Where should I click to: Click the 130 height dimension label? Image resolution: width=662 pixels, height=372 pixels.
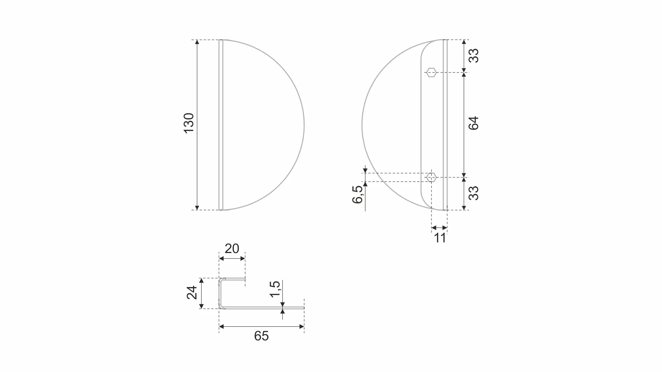pos(189,123)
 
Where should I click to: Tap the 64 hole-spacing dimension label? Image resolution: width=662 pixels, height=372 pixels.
pos(474,123)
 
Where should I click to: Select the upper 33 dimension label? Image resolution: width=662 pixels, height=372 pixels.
pos(474,56)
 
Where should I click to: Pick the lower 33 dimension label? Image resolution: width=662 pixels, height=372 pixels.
pos(474,193)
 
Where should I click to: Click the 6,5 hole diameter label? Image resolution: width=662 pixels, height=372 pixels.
pos(357,195)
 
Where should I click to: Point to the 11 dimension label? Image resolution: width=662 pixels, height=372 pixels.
pos(440,238)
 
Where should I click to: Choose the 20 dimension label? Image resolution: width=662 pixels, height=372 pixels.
pos(232,249)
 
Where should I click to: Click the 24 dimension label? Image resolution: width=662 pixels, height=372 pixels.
pos(192,293)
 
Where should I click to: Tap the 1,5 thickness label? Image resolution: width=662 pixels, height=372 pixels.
pos(275,289)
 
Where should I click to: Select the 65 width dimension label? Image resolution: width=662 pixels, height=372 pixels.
pos(261,336)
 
